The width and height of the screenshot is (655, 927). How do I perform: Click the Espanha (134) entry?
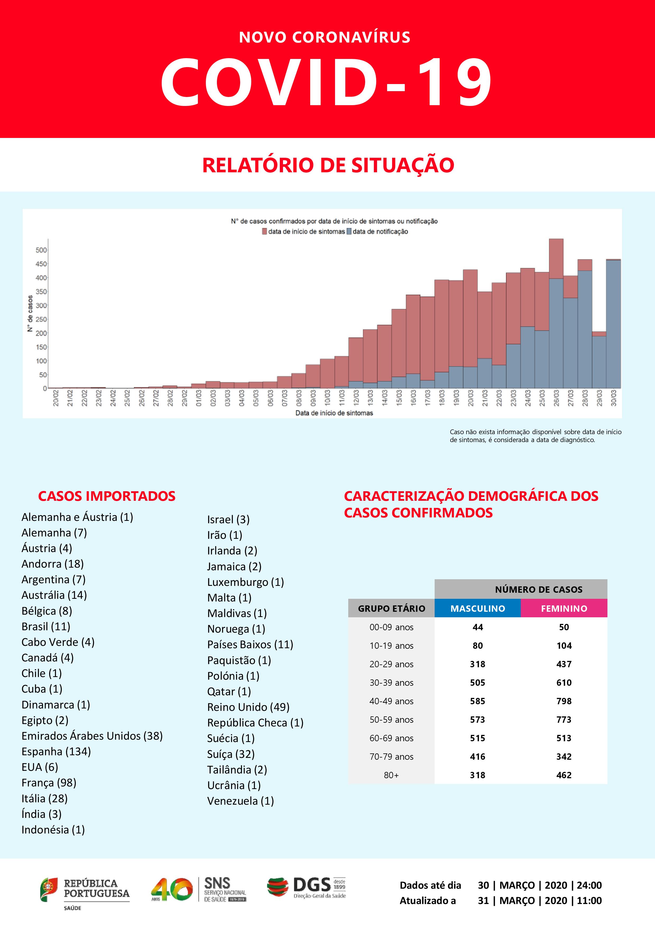pos(56,751)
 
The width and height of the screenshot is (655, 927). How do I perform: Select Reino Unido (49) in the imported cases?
pos(248,707)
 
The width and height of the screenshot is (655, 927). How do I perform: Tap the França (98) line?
pos(49,782)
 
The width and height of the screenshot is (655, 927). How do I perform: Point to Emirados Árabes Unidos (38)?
pos(92,736)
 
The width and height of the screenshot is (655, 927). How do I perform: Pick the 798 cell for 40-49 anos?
pos(564,701)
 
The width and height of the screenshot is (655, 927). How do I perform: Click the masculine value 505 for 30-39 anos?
pos(477,682)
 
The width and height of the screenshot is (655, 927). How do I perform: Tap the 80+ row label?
pos(391,775)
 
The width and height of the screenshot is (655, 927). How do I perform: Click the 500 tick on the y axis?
pos(41,250)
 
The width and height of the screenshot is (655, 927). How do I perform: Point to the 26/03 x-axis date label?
pos(556,398)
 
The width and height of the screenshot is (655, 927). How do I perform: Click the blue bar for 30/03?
pos(614,323)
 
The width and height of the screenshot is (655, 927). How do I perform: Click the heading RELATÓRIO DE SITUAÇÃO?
pos(328,165)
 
